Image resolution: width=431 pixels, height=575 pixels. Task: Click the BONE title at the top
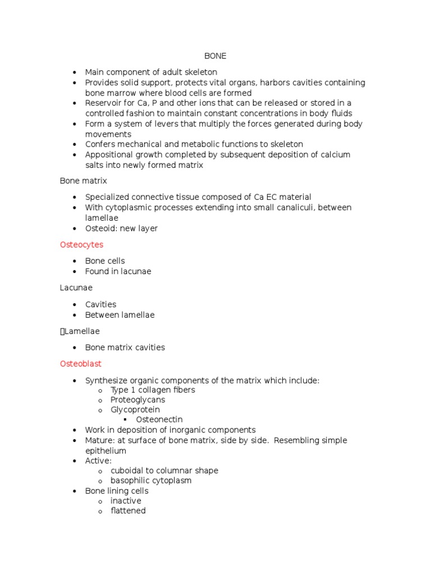[215, 56]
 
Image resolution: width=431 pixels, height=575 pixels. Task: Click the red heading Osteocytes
[81, 245]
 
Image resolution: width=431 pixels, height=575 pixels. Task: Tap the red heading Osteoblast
[81, 364]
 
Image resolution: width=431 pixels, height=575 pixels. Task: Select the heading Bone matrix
[83, 181]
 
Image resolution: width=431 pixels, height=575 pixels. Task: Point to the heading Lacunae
[76, 287]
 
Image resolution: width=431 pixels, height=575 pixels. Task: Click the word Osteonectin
[159, 419]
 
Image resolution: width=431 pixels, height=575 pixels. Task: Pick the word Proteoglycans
[138, 400]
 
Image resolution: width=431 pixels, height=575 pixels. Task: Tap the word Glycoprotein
[135, 410]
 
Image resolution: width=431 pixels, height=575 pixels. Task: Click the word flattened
[128, 511]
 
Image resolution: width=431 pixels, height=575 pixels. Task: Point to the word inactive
[126, 501]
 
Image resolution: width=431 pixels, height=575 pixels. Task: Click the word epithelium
[106, 451]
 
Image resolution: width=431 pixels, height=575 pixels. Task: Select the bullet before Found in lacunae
[74, 272]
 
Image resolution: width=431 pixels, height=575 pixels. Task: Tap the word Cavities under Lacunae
[101, 304]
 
